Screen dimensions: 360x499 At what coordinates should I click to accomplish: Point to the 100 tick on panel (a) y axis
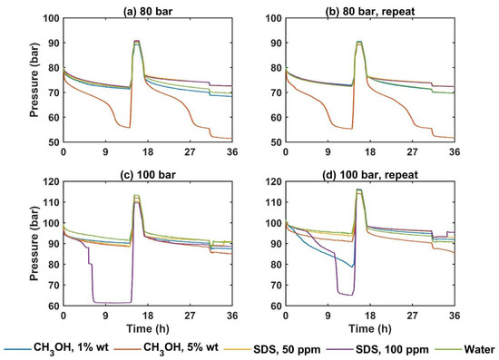[49, 18]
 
